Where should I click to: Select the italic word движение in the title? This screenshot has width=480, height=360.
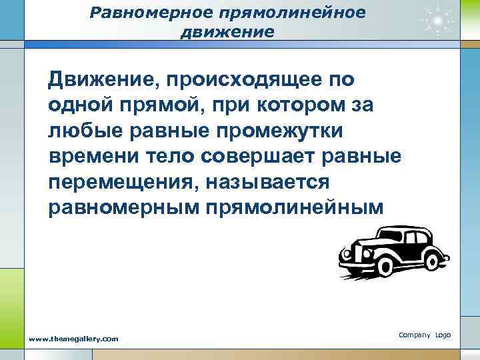[227, 31]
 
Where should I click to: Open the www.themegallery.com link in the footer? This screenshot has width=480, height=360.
[73, 339]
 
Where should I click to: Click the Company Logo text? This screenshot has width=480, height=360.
[425, 333]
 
